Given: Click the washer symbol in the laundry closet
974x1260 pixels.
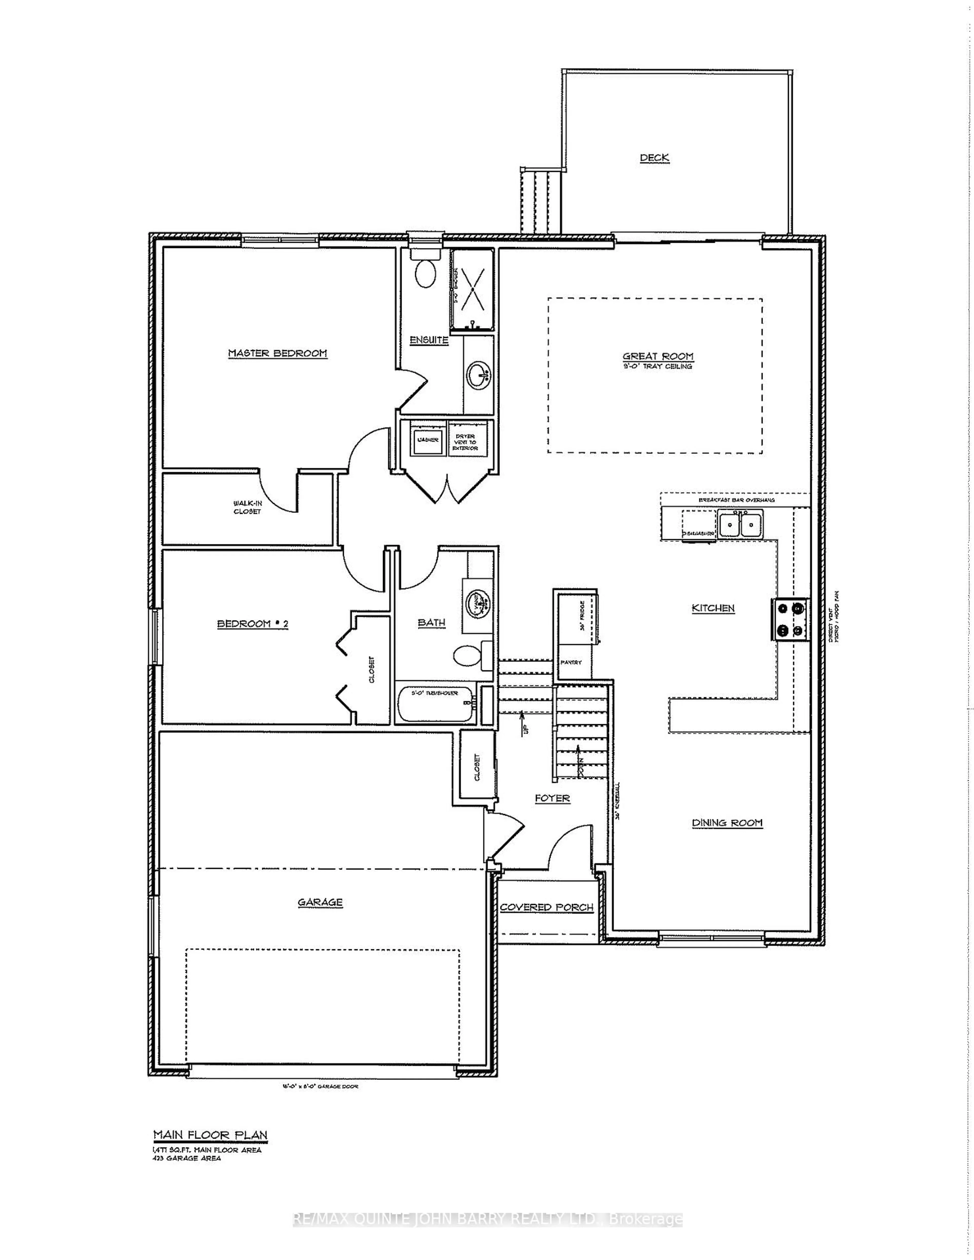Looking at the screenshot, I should point(427,440).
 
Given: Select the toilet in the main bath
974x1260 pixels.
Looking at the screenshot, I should point(466,655).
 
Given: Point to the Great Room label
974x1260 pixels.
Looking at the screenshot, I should point(658,357).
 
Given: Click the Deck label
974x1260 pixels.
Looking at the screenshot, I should point(654,157).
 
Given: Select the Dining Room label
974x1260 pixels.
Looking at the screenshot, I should point(727,823).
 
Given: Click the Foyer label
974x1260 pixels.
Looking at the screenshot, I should point(552,798).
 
